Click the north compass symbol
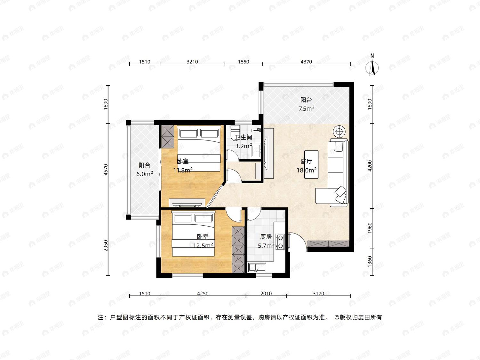(372, 65)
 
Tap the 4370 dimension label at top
(306, 62)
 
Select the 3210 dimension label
(192, 62)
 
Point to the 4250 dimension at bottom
(203, 293)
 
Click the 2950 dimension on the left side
(106, 246)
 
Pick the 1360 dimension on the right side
(370, 261)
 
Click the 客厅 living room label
(306, 161)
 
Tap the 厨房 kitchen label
(266, 237)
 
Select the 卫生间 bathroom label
(244, 137)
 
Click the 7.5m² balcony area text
(307, 108)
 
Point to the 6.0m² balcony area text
(145, 174)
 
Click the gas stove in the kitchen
(280, 242)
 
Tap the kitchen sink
(257, 268)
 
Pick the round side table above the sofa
(339, 132)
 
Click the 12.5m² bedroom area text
(203, 245)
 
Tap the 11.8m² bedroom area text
(183, 170)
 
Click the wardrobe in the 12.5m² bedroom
(238, 250)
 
